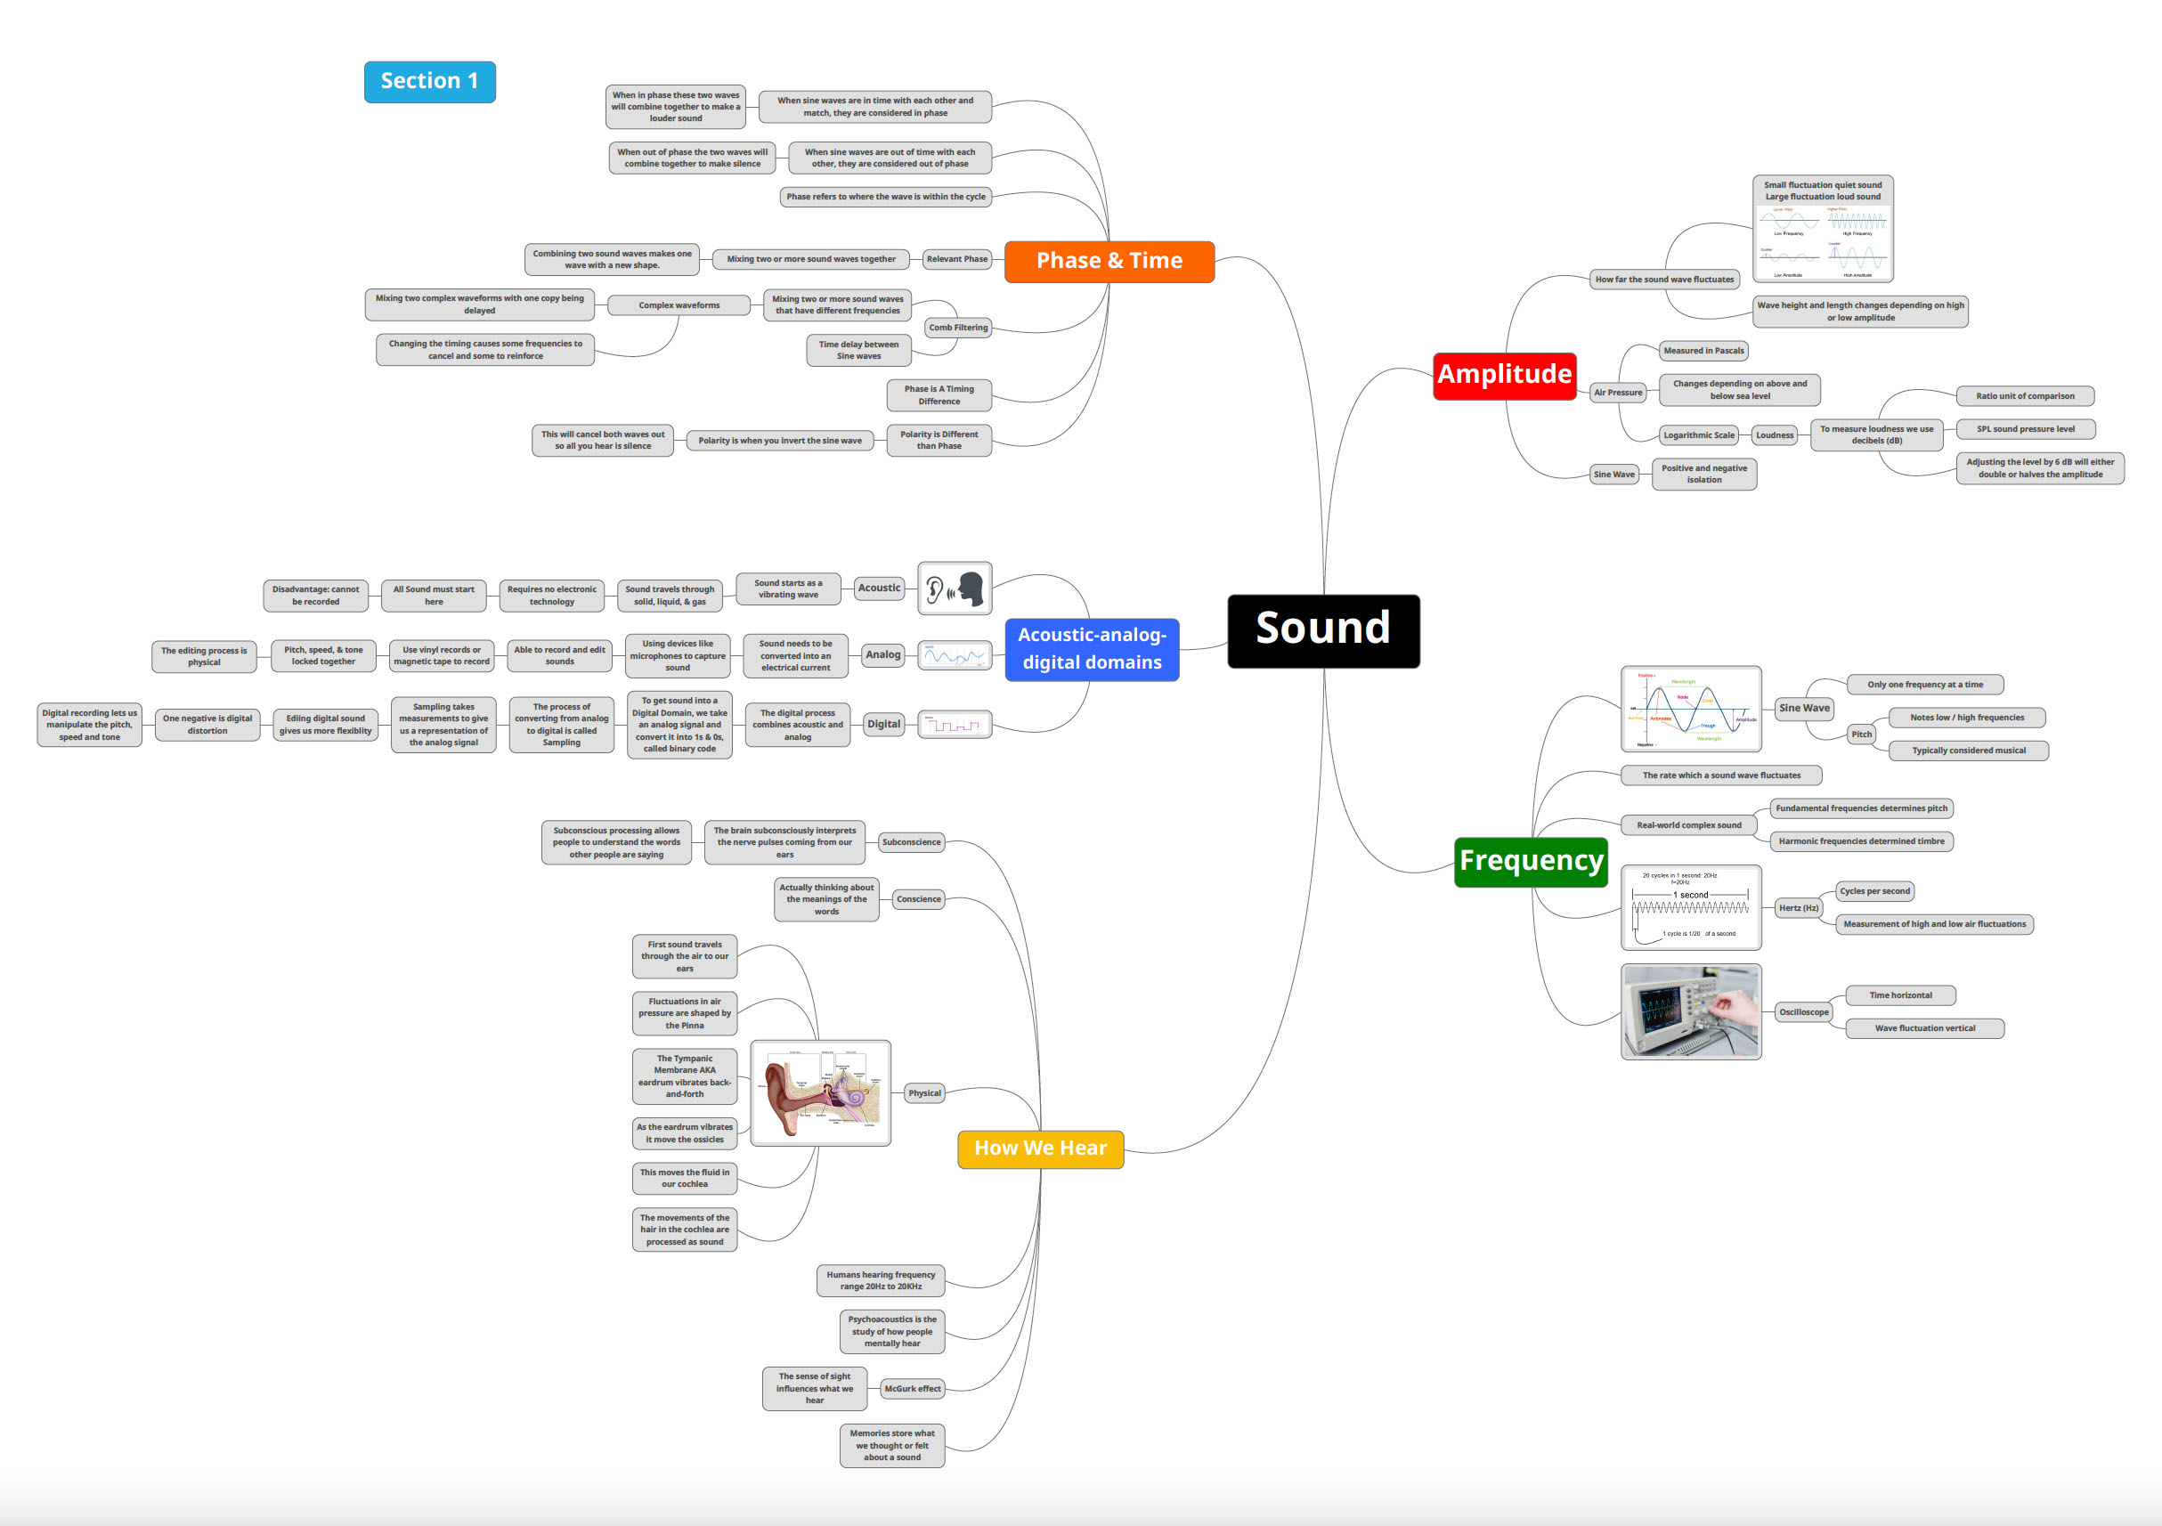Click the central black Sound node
[x=1323, y=630]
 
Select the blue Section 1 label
[x=429, y=82]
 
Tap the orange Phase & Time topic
[x=1109, y=261]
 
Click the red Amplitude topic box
[x=1504, y=375]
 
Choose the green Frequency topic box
[x=1530, y=861]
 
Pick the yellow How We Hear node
[x=1041, y=1149]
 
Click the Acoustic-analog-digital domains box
[x=1092, y=649]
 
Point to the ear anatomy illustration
[x=820, y=1093]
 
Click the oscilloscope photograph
[x=1690, y=1011]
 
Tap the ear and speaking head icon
[x=954, y=588]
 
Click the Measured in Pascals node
[x=1703, y=351]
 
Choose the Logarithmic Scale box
[x=1698, y=435]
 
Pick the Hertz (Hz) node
[x=1798, y=908]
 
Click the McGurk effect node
[x=912, y=1389]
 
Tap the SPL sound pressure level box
[x=2025, y=429]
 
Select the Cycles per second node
[x=1874, y=891]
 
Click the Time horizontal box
[x=1900, y=995]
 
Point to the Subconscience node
[x=911, y=842]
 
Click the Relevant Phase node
[x=956, y=259]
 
